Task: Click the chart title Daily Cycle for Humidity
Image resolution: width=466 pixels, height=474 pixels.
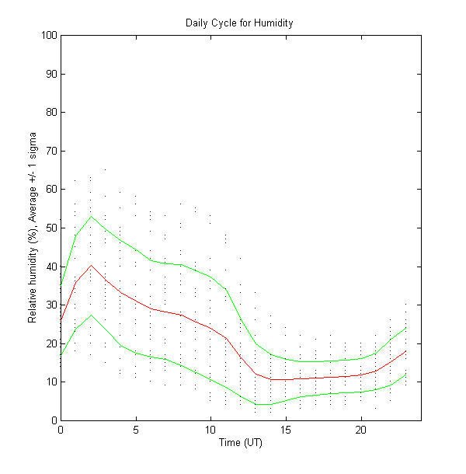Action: (x=239, y=23)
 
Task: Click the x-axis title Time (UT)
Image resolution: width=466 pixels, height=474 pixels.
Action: (x=240, y=442)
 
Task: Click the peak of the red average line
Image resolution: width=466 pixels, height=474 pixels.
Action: (x=91, y=265)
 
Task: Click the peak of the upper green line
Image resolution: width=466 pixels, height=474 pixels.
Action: (x=91, y=216)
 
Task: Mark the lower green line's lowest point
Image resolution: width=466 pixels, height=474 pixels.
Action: (x=263, y=405)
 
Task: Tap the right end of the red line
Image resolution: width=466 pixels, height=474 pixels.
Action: (x=406, y=350)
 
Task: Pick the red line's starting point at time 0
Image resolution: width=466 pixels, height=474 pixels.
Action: (x=61, y=320)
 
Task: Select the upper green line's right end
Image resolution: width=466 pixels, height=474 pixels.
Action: (x=406, y=327)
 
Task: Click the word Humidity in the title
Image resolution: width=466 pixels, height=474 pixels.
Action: (x=274, y=23)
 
